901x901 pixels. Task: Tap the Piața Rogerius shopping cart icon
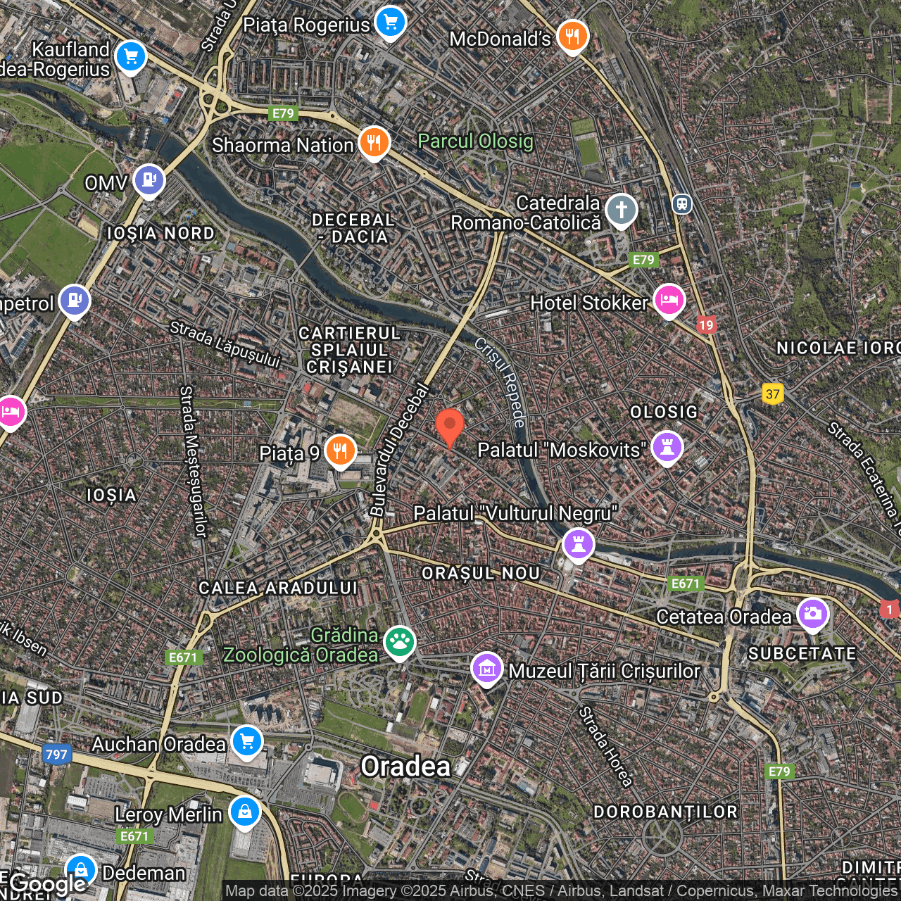[x=391, y=22]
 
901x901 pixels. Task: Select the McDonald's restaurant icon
[x=573, y=36]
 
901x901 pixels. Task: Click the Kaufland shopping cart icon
[x=130, y=56]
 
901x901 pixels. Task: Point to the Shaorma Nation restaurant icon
[x=374, y=142]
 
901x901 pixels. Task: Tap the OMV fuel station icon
[x=149, y=181]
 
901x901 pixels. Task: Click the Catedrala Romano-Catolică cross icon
[x=621, y=210]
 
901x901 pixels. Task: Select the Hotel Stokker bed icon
[x=669, y=301]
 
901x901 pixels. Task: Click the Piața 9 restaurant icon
[x=340, y=450]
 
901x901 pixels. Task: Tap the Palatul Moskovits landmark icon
[x=667, y=447]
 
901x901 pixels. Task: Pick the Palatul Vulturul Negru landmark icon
[x=579, y=544]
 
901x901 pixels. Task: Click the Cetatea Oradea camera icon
[x=812, y=614]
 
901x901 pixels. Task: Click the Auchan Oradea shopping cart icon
[x=247, y=741]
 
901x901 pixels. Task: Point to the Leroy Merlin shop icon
[x=244, y=812]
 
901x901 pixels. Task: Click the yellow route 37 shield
[x=773, y=393]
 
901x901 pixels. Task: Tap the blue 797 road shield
[x=56, y=755]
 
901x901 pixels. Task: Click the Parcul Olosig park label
[x=476, y=141]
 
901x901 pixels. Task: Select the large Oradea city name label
[x=405, y=767]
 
